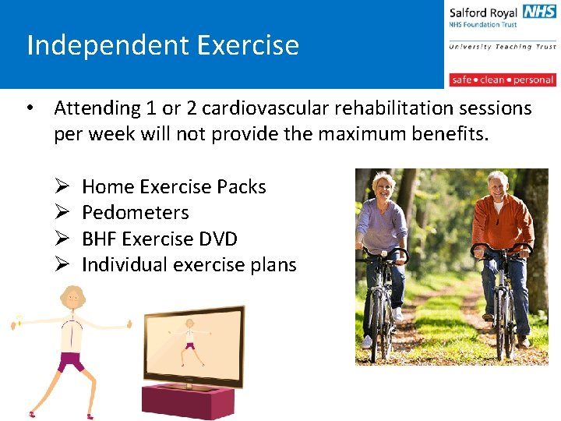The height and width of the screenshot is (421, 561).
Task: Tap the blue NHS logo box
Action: click(x=539, y=12)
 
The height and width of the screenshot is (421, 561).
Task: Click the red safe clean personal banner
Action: click(x=502, y=80)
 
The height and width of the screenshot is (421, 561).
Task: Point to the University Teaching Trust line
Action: click(x=502, y=47)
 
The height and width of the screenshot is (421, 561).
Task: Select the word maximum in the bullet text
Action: click(x=364, y=134)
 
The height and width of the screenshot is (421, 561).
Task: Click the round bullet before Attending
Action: click(x=29, y=108)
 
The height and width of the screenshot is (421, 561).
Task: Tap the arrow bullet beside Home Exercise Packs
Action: click(x=62, y=187)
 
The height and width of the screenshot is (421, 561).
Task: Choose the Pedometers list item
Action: click(x=135, y=213)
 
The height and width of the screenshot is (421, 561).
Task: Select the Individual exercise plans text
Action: click(x=189, y=265)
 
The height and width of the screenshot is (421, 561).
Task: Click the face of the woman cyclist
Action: click(x=384, y=188)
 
